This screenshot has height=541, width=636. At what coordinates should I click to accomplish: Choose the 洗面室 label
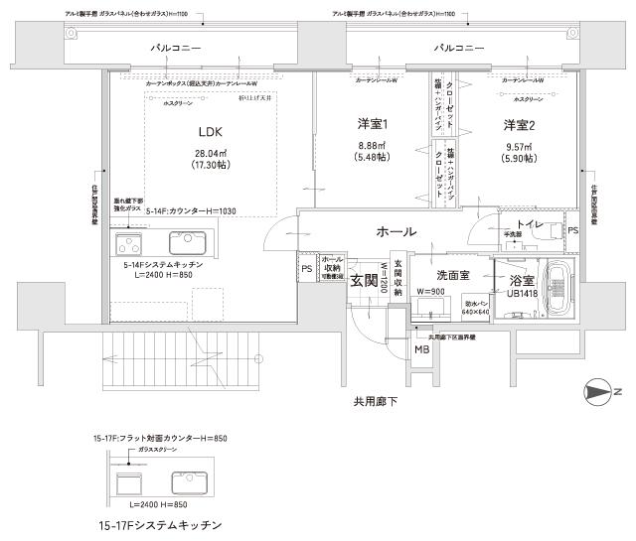tap(452, 274)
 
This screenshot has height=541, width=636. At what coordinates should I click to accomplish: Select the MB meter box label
tap(421, 349)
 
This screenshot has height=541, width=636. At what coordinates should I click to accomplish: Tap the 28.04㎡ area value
tap(209, 154)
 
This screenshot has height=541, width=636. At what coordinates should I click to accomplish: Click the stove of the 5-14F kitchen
tap(129, 244)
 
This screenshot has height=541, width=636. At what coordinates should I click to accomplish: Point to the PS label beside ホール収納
tap(305, 267)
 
